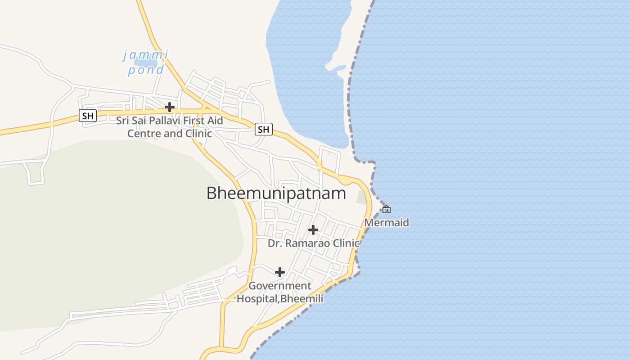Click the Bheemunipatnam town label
(x=276, y=193)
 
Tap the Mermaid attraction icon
(x=386, y=209)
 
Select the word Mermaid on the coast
(x=387, y=222)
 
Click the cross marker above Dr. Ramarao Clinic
(x=313, y=230)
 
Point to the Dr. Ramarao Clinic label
(x=314, y=243)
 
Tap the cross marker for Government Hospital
(x=280, y=272)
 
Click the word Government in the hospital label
(x=280, y=286)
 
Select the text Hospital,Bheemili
(x=280, y=298)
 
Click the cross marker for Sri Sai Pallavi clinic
(x=170, y=107)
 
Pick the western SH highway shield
(x=88, y=116)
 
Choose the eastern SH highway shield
(x=263, y=130)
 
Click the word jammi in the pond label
(x=146, y=55)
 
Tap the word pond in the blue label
(x=146, y=70)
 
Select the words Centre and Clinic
(x=169, y=134)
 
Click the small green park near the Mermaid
(x=361, y=197)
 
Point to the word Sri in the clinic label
(x=123, y=121)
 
